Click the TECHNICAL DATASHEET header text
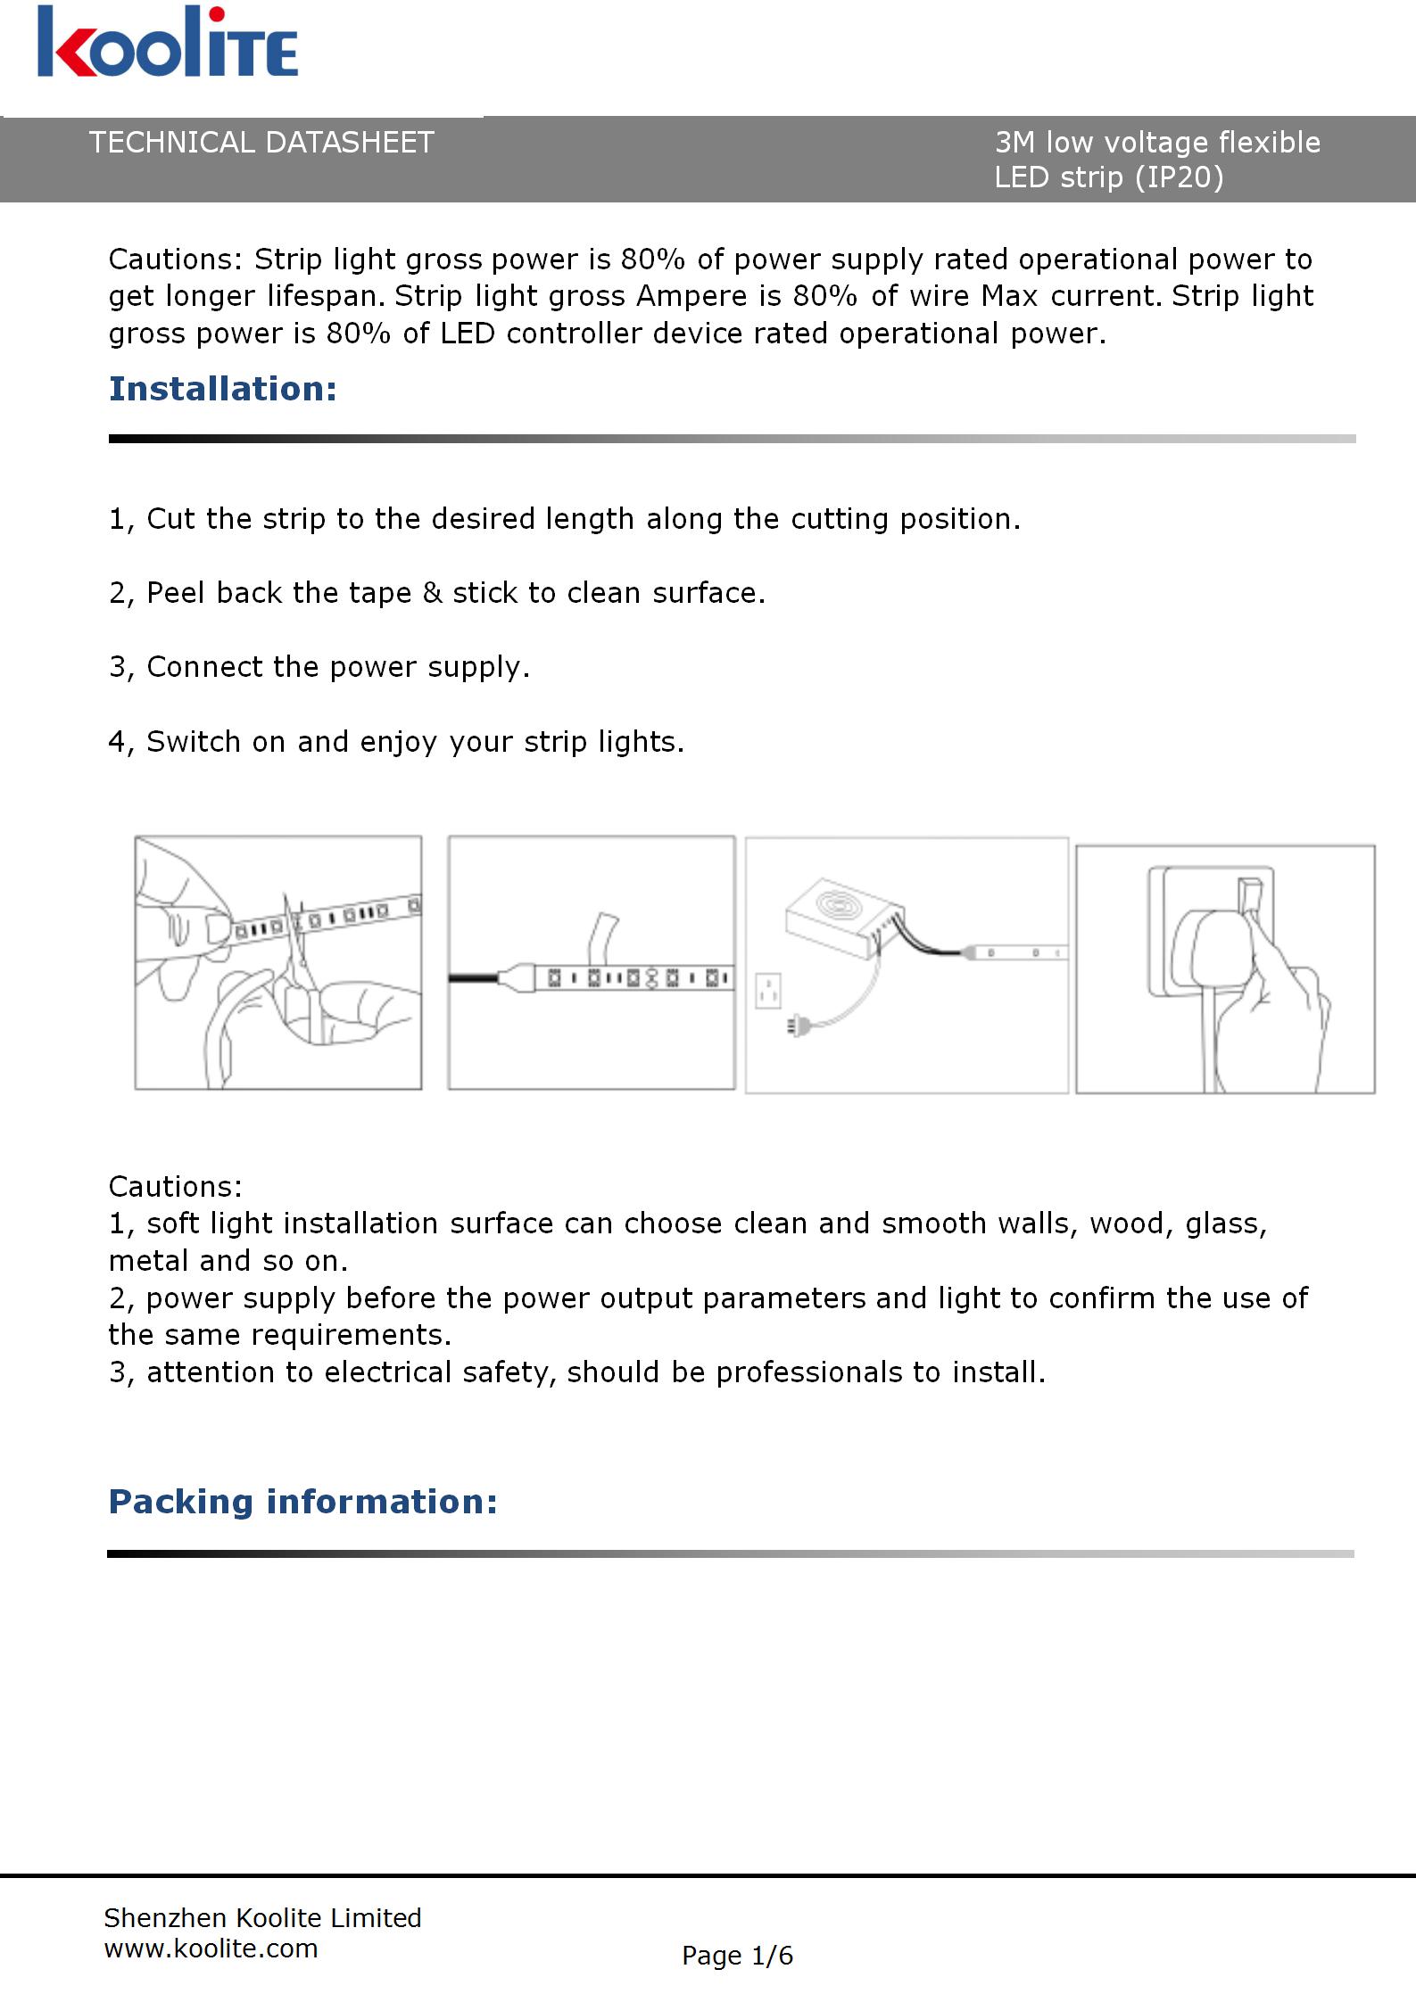(261, 143)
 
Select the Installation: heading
(222, 389)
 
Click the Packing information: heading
(302, 1502)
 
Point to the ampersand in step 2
(432, 593)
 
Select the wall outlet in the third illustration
(767, 990)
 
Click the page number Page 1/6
(737, 1955)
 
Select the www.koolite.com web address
(211, 1948)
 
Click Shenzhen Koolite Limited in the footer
(262, 1917)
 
